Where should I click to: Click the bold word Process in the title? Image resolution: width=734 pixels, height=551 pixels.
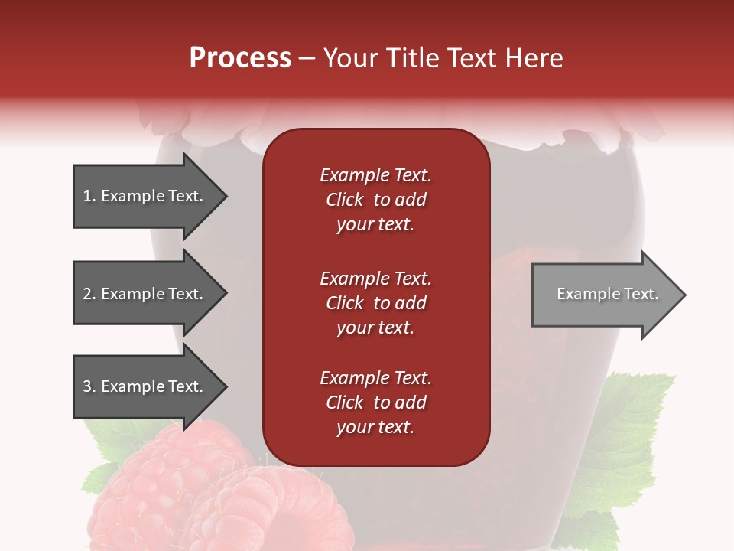(x=240, y=58)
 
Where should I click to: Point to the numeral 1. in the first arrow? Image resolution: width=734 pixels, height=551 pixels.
(x=89, y=196)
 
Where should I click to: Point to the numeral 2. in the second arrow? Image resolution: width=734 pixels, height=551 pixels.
(x=89, y=294)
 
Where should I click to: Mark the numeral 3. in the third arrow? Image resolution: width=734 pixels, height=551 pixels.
(x=89, y=386)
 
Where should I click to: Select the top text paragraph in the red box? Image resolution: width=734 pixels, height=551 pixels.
(x=375, y=200)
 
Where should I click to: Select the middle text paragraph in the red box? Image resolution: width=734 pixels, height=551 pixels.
(x=375, y=303)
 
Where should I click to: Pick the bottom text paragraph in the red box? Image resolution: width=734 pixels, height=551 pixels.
(x=375, y=403)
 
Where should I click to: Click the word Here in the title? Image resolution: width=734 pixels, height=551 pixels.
(x=535, y=58)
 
